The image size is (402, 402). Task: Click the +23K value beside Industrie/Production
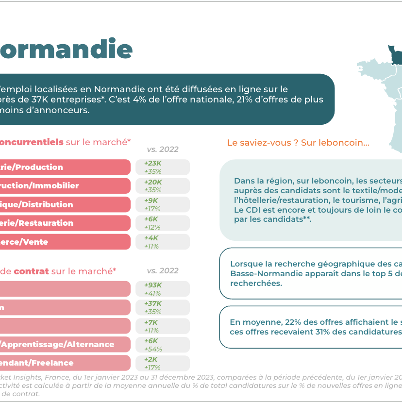click(153, 164)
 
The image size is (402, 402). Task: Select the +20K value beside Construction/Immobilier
click(153, 182)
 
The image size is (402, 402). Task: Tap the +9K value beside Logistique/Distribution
click(151, 201)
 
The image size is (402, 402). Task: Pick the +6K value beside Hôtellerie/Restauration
click(151, 219)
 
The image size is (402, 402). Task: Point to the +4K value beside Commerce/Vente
click(151, 238)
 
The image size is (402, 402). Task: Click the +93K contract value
click(153, 285)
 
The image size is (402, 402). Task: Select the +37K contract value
click(153, 303)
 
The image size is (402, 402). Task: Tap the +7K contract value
click(151, 322)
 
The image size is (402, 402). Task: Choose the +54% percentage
click(153, 349)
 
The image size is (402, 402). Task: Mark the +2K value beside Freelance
click(151, 359)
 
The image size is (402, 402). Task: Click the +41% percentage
click(153, 293)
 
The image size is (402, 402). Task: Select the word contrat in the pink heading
click(32, 271)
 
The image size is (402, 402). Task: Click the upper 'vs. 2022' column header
click(163, 149)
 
